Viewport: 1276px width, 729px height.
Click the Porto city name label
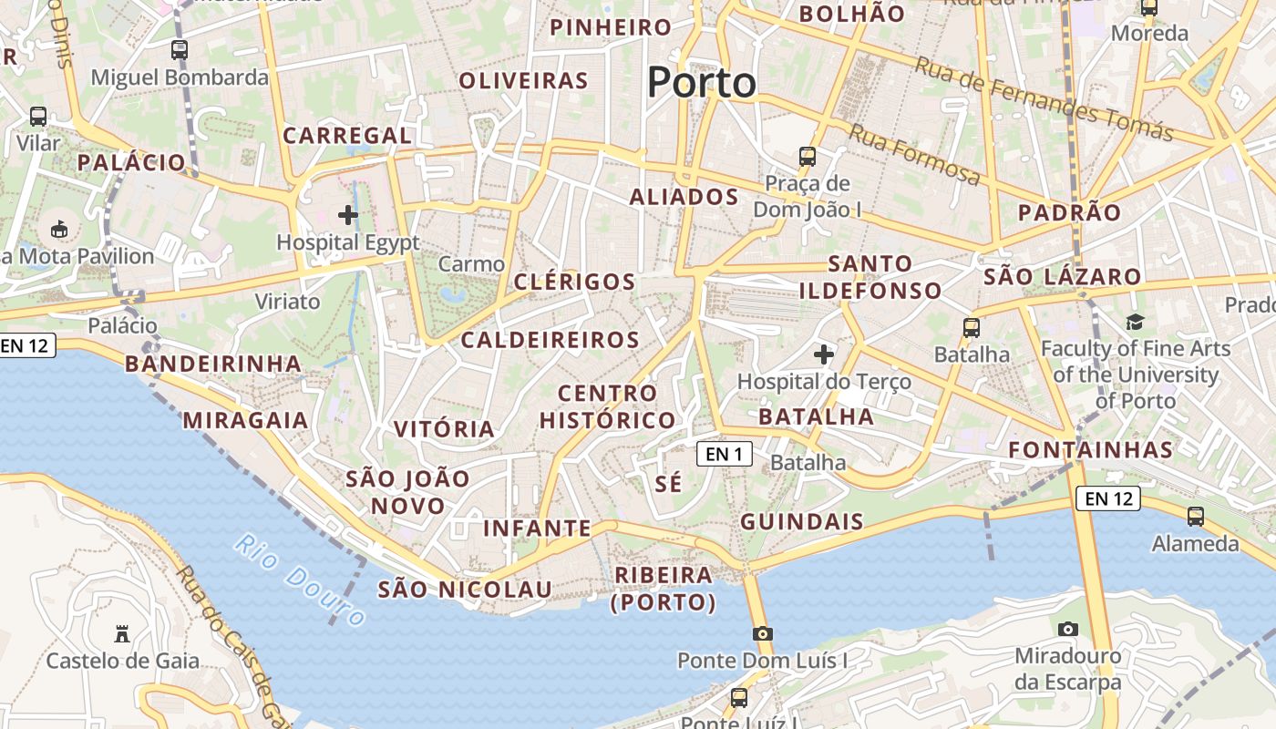pyautogui.click(x=702, y=83)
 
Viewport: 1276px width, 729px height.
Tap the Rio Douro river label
pyautogui.click(x=300, y=580)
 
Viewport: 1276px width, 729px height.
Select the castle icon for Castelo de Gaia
pyautogui.click(x=122, y=633)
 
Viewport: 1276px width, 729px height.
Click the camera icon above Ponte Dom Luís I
pyautogui.click(x=763, y=633)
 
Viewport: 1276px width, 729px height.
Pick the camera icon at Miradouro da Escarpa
pyautogui.click(x=1068, y=629)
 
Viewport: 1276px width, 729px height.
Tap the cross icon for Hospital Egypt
pyautogui.click(x=347, y=216)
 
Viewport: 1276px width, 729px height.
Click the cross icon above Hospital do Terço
pyautogui.click(x=824, y=354)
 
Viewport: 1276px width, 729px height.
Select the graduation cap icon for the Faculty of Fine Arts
pyautogui.click(x=1135, y=322)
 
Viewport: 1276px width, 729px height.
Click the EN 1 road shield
pyautogui.click(x=725, y=454)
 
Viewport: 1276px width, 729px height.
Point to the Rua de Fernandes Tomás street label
pyautogui.click(x=1044, y=99)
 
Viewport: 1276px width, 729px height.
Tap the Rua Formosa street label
pyautogui.click(x=914, y=155)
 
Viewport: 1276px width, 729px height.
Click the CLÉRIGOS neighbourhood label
pyautogui.click(x=574, y=282)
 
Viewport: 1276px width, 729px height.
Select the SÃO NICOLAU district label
pyautogui.click(x=465, y=590)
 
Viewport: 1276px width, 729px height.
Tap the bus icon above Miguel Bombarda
pyautogui.click(x=180, y=50)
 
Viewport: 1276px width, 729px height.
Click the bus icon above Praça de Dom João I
pyautogui.click(x=808, y=156)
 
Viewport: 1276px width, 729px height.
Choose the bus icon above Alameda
pyautogui.click(x=1195, y=517)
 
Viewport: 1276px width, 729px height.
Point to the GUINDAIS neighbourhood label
pyautogui.click(x=802, y=522)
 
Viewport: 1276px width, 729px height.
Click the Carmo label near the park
pyautogui.click(x=471, y=264)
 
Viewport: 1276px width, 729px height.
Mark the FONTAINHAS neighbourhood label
pyautogui.click(x=1091, y=450)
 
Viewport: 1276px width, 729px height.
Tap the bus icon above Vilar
pyautogui.click(x=37, y=117)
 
